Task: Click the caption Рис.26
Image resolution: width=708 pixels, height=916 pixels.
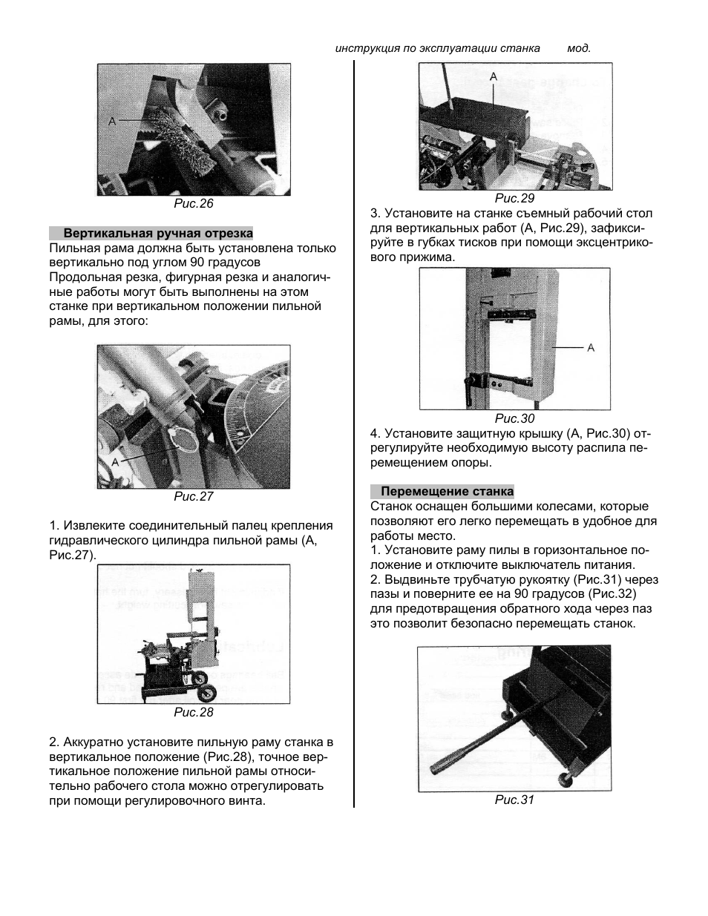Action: pos(193,203)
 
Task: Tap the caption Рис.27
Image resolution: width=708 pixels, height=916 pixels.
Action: pos(193,496)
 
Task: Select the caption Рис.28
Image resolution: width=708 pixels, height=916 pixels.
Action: pos(193,712)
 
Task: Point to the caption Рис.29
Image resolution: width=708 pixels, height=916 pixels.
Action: pos(514,198)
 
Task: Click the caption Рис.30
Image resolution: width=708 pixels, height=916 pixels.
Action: pos(514,418)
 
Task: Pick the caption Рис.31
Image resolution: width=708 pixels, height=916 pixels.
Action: pos(514,800)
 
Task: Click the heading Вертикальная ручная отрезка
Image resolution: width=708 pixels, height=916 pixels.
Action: pos(157,233)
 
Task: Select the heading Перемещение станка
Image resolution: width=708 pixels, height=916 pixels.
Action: pos(447,491)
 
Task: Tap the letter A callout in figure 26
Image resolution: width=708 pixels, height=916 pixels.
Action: pos(112,120)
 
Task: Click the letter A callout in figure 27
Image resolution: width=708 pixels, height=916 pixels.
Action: pos(115,461)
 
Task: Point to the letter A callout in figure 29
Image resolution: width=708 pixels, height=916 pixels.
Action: pos(494,76)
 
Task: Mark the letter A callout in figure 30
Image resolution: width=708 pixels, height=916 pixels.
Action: pos(591,347)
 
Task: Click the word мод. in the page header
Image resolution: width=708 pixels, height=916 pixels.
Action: pos(579,48)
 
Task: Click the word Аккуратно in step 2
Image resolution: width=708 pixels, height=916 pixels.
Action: pos(94,742)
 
